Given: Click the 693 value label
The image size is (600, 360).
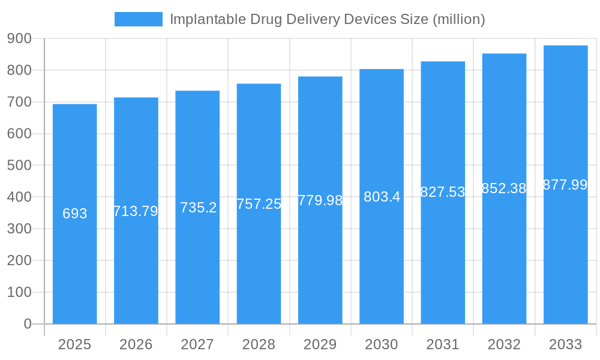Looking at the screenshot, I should click(75, 214).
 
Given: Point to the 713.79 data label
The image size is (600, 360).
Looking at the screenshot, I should click(136, 211).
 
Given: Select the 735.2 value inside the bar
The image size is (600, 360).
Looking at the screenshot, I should click(198, 208).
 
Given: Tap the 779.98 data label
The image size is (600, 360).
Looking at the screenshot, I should click(320, 200).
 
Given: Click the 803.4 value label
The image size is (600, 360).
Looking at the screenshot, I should click(382, 197).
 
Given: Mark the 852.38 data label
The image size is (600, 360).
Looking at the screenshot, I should click(504, 188).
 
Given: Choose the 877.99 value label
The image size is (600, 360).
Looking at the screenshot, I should click(565, 185).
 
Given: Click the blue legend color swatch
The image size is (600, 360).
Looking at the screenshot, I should click(139, 19).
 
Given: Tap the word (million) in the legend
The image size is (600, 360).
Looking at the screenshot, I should click(458, 19).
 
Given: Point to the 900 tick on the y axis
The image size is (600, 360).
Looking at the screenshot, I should click(19, 39).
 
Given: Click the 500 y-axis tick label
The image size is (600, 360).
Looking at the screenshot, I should click(19, 166).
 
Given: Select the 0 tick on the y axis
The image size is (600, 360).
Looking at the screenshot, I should click(28, 324).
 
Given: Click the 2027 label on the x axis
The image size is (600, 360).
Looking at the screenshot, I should click(197, 344).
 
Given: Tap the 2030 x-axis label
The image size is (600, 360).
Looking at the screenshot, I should click(382, 344).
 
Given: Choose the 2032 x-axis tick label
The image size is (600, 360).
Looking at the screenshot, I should click(504, 344).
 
